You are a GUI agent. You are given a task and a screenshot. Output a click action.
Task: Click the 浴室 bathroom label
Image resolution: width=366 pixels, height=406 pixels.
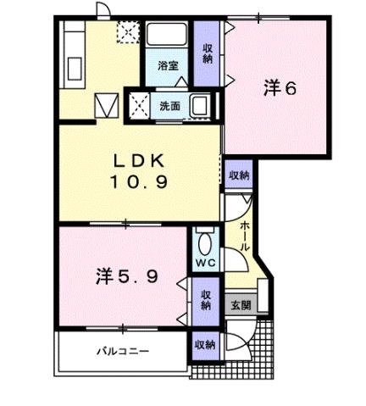click(x=167, y=65)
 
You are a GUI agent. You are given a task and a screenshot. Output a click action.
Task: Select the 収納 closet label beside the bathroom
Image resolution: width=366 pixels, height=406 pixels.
click(x=207, y=53)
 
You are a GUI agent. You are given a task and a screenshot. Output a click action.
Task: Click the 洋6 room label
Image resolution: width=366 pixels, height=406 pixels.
click(x=279, y=87)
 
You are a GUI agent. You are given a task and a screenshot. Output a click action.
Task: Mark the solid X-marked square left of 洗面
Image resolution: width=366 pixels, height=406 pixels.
click(x=138, y=106)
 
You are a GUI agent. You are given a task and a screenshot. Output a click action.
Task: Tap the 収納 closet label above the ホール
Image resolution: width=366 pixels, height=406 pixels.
click(x=239, y=175)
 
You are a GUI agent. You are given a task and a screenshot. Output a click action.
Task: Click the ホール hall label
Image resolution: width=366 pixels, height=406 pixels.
click(x=245, y=235)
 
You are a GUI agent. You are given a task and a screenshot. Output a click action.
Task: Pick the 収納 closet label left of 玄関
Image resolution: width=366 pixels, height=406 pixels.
click(x=206, y=299)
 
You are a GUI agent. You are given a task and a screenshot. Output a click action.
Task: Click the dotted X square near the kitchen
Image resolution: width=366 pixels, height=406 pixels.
click(x=128, y=33)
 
